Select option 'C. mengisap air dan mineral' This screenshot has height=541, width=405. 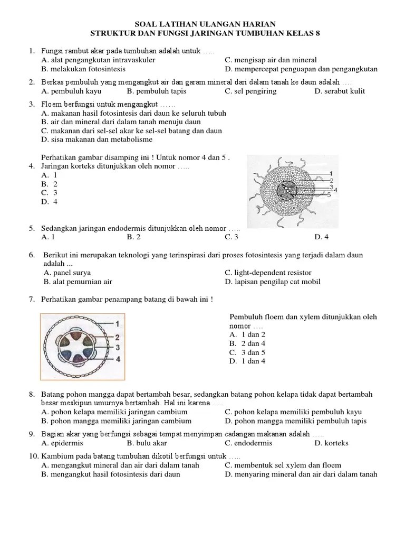point(271,60)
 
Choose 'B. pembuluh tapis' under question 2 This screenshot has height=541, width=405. point(156,91)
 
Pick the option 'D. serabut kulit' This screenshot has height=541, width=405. point(340,91)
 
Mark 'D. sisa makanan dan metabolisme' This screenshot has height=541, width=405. point(97,139)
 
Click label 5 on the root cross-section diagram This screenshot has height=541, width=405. point(329,195)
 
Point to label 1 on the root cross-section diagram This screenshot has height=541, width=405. point(330,174)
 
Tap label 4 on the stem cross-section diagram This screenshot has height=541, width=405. point(118,359)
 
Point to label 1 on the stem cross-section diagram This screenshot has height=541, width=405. point(117,323)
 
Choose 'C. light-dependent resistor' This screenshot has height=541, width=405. point(268,273)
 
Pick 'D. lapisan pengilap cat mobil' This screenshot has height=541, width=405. point(272,282)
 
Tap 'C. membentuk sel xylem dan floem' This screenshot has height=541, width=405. point(282,465)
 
